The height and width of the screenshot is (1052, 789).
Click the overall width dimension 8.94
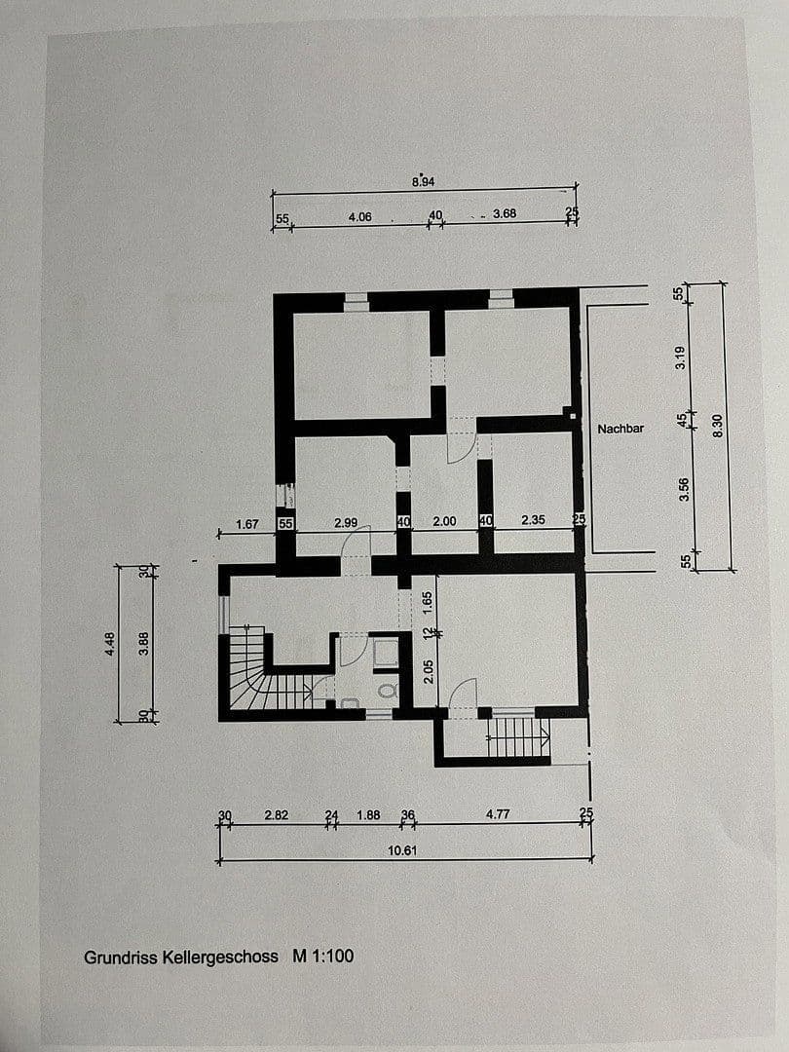click(423, 181)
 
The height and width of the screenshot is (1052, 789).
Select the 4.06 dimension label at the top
click(359, 217)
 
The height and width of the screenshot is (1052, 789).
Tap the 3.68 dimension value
click(504, 213)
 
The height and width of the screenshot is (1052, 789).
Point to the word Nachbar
click(620, 428)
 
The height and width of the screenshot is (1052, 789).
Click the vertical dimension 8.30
click(719, 426)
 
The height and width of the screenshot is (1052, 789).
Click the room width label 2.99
click(346, 523)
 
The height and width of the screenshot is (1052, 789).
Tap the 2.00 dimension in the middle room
click(443, 521)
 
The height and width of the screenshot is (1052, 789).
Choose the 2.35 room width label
click(533, 520)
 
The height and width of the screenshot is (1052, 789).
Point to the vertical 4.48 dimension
click(109, 644)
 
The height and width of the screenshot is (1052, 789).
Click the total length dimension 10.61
click(402, 850)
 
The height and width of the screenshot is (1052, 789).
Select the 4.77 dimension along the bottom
click(498, 815)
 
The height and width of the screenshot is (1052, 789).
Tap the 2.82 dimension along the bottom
click(277, 816)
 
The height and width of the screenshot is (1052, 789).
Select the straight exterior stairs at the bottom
click(517, 736)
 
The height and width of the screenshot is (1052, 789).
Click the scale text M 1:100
click(323, 957)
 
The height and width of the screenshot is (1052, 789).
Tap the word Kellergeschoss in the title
click(219, 957)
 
